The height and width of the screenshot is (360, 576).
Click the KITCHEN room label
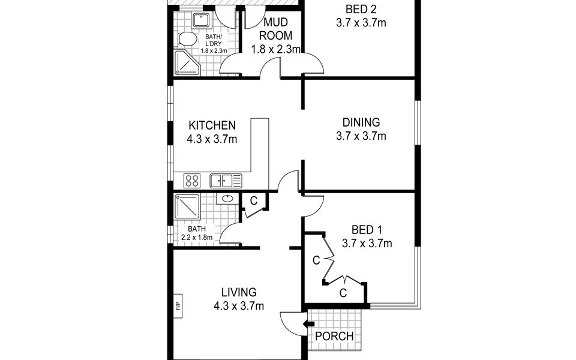pyautogui.click(x=212, y=125)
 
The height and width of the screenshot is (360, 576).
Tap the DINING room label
pyautogui.click(x=361, y=122)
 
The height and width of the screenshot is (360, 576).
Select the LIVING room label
pyautogui.click(x=239, y=292)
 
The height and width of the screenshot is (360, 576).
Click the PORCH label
pyautogui.click(x=334, y=336)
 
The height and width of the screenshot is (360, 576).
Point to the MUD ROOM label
pyautogui.click(x=276, y=29)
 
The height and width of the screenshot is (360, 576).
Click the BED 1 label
pyautogui.click(x=367, y=230)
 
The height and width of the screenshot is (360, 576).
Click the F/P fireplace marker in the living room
pyautogui.click(x=178, y=305)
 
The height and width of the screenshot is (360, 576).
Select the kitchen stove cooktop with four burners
pyautogui.click(x=192, y=181)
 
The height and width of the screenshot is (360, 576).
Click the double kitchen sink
pyautogui.click(x=226, y=181)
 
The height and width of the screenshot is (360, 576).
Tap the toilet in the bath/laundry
pyautogui.click(x=185, y=40)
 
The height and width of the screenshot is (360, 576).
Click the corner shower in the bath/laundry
pyautogui.click(x=187, y=63)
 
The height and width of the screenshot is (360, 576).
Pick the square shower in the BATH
pyautogui.click(x=187, y=207)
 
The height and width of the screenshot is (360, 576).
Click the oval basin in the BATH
pyautogui.click(x=227, y=199)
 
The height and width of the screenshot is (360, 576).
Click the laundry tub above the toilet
pyautogui.click(x=201, y=20)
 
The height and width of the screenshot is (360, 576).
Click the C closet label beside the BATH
pyautogui.click(x=253, y=201)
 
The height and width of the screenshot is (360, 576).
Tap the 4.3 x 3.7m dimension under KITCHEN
pyautogui.click(x=212, y=139)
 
